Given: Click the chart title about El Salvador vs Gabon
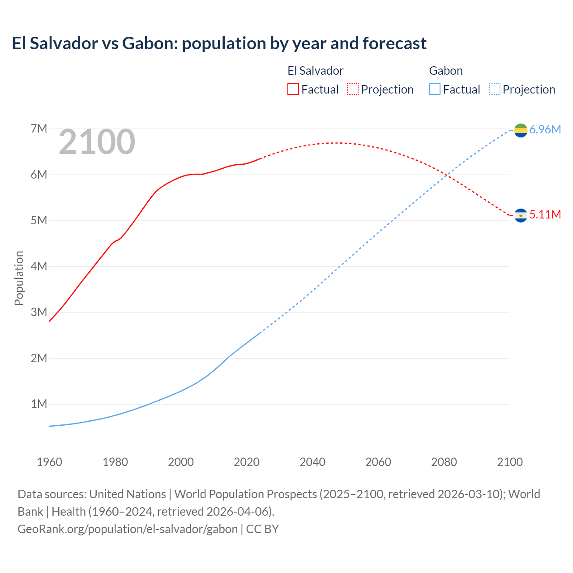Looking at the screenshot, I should coord(219,43).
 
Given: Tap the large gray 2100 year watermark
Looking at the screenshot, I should coord(97,142).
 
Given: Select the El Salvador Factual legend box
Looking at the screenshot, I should coord(293,89).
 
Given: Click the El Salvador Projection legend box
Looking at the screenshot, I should coord(353,89).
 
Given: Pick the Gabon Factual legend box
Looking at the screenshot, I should coord(434,89).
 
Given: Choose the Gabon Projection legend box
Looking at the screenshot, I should coord(494,89).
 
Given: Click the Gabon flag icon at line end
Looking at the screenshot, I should coord(521,130).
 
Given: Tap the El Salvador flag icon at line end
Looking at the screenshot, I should coord(521,215).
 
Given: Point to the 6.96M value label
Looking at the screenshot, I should coord(545,130).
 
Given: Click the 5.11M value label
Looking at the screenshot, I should coord(545,215).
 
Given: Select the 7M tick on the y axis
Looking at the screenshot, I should coord(39,129).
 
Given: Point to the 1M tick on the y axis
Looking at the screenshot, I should coord(39,404).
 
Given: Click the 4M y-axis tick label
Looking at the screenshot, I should coord(39,266).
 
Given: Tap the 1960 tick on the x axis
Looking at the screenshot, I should coord(49,462).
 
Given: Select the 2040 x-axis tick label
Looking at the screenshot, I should coord(312,462).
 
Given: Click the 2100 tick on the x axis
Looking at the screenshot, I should coord(509,462).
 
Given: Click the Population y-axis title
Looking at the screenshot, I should coord(19,278).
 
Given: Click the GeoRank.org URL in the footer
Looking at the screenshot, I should coord(128,529).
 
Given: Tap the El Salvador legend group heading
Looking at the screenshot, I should coord(315,71).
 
